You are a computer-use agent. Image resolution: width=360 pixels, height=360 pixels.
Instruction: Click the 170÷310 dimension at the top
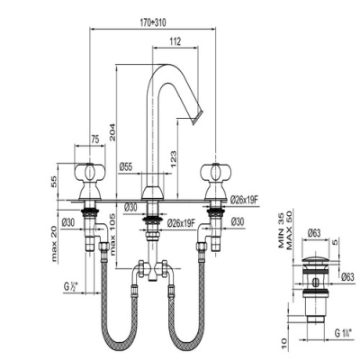[153, 22]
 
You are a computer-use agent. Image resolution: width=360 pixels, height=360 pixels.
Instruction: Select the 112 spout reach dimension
[175, 41]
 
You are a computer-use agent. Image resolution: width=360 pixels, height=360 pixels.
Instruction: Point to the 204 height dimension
[112, 131]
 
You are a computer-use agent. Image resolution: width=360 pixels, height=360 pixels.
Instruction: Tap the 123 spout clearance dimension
[174, 159]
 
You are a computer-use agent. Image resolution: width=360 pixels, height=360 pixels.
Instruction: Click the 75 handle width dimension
[94, 139]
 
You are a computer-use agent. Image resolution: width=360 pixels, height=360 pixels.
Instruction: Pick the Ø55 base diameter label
[126, 166]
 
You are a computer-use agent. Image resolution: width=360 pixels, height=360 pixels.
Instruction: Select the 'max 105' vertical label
[112, 234]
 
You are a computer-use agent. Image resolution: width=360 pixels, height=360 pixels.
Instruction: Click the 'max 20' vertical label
[54, 243]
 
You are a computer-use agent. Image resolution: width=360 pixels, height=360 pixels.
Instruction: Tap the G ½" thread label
[71, 287]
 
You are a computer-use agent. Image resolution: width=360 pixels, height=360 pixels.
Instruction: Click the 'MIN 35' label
[281, 229]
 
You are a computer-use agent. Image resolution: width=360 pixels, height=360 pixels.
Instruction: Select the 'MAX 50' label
[289, 230]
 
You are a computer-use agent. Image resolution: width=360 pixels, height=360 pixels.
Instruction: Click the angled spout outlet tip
[197, 117]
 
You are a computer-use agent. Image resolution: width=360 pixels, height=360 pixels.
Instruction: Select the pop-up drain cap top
[315, 261]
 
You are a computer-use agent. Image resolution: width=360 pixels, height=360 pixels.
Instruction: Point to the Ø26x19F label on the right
[245, 200]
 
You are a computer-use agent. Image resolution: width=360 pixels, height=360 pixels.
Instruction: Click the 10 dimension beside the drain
[284, 341]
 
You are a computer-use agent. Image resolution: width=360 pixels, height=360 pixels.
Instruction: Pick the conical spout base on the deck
[153, 193]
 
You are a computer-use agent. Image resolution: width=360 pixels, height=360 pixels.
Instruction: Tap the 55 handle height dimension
[54, 182]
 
